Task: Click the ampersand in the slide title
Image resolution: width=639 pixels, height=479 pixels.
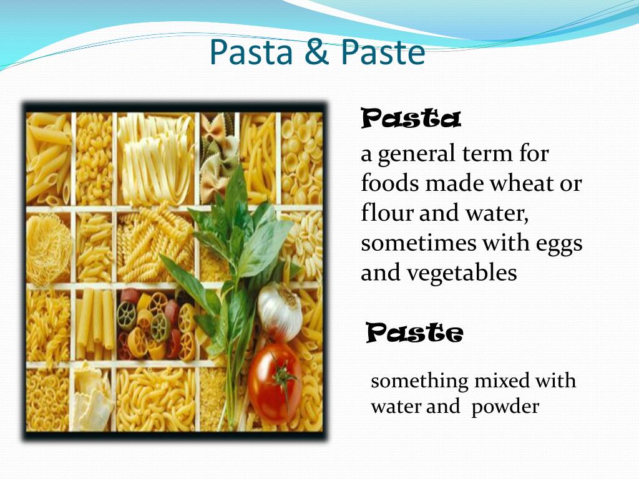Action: [x=316, y=52]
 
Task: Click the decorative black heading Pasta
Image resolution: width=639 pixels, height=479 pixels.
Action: [x=411, y=119]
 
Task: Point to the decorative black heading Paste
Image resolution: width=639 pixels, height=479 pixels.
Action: [x=414, y=334]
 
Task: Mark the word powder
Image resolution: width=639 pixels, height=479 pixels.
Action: [x=505, y=407]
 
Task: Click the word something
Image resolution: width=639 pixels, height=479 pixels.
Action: [x=419, y=381]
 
